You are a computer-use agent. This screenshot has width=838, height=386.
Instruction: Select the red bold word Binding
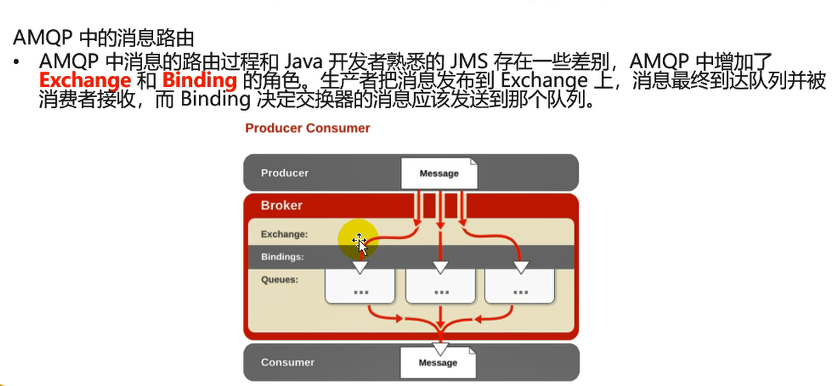pos(200,81)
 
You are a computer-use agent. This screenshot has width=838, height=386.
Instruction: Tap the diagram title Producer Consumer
pos(308,128)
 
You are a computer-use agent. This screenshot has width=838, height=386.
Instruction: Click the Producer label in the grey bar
pos(284,173)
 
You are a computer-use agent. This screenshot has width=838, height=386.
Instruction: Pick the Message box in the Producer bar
pos(439,173)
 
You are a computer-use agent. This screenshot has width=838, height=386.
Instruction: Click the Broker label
pos(281,205)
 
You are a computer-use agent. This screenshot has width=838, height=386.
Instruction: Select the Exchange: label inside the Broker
pos(284,234)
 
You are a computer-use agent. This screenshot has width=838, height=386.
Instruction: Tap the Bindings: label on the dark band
pos(282,258)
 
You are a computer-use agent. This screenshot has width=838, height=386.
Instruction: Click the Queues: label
pos(280,279)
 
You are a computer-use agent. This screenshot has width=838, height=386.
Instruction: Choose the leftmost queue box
pos(360,287)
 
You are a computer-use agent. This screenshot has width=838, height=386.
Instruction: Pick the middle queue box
pos(441,287)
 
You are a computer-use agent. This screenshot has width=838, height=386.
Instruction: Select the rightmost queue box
pos(520,287)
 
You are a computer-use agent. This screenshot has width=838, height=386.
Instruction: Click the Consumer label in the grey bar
pos(287,362)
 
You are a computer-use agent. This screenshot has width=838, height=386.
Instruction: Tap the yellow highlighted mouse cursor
pos(358,240)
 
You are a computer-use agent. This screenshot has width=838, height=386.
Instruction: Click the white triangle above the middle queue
pos(441,266)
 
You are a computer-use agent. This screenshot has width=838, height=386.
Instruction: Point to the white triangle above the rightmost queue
pos(521,266)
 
